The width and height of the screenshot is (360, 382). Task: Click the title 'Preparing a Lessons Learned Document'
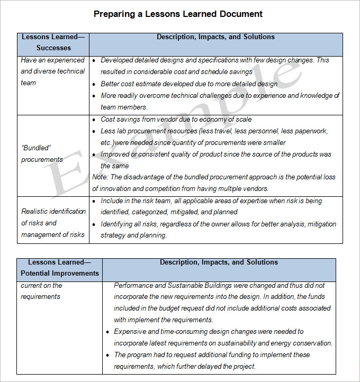click(x=178, y=14)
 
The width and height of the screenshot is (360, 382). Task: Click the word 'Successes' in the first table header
click(x=53, y=48)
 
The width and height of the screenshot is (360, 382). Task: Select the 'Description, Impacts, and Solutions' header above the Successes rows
click(x=215, y=37)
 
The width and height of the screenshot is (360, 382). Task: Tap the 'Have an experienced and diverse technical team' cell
click(x=52, y=71)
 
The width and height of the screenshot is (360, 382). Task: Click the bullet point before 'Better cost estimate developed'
click(x=94, y=84)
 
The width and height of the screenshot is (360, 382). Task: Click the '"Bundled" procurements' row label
click(x=42, y=154)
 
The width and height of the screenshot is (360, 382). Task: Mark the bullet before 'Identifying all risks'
click(x=94, y=224)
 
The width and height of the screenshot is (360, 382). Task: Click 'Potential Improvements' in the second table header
click(x=59, y=274)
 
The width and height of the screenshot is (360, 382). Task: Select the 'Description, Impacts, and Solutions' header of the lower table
click(x=219, y=262)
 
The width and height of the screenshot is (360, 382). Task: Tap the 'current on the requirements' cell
click(x=41, y=291)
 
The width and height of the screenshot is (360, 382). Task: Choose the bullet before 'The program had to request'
click(x=107, y=355)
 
